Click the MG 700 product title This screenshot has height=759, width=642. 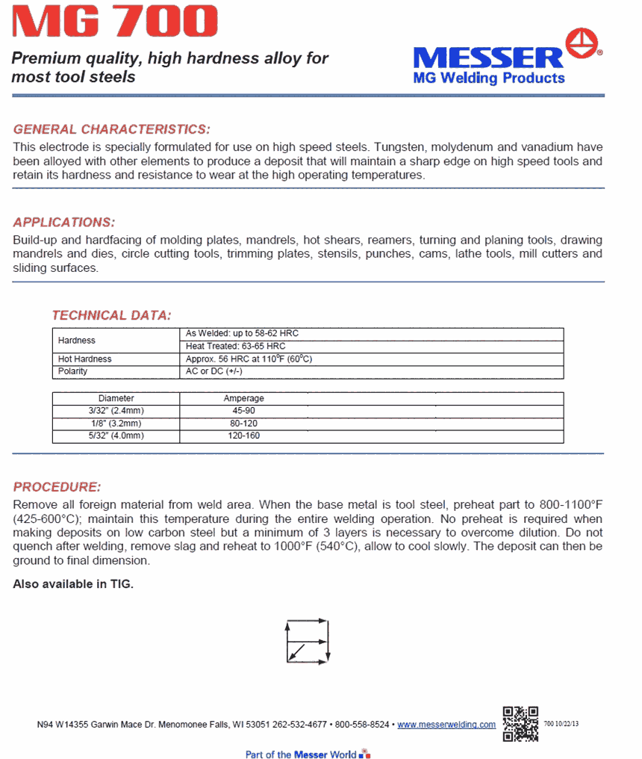(116, 22)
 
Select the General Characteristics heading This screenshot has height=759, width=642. (112, 129)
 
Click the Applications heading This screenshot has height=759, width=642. (64, 223)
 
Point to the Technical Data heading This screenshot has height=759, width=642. (111, 315)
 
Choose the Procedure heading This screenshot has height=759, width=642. (57, 487)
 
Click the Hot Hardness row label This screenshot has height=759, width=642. (84, 359)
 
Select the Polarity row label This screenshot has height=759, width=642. (72, 371)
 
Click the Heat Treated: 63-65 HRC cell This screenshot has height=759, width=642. (235, 347)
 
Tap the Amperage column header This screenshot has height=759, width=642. (243, 399)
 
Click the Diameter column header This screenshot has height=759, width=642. (116, 399)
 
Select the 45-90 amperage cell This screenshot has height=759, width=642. (243, 411)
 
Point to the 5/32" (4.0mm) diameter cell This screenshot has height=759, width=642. (116, 436)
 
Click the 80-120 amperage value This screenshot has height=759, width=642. (243, 424)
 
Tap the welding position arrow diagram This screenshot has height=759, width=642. (307, 640)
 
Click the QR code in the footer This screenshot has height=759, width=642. (520, 723)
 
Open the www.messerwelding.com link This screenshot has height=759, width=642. (446, 725)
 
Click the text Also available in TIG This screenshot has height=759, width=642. (73, 584)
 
